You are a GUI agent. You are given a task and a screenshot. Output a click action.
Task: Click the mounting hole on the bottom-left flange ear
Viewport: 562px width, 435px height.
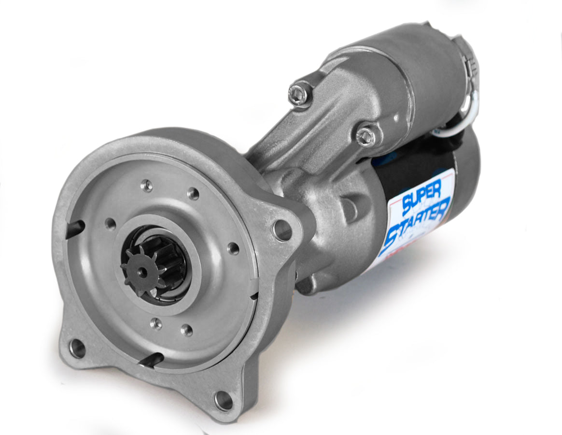pyautogui.click(x=77, y=348)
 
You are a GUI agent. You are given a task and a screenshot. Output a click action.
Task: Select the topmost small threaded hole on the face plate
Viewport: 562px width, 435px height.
pyautogui.click(x=146, y=185)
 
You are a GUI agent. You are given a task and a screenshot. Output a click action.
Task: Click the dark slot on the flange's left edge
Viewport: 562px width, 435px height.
pyautogui.click(x=75, y=229)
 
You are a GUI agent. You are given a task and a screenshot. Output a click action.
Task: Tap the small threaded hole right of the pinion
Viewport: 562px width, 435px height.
pyautogui.click(x=233, y=248)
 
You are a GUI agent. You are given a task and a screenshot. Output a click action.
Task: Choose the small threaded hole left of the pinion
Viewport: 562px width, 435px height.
pyautogui.click(x=111, y=223)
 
